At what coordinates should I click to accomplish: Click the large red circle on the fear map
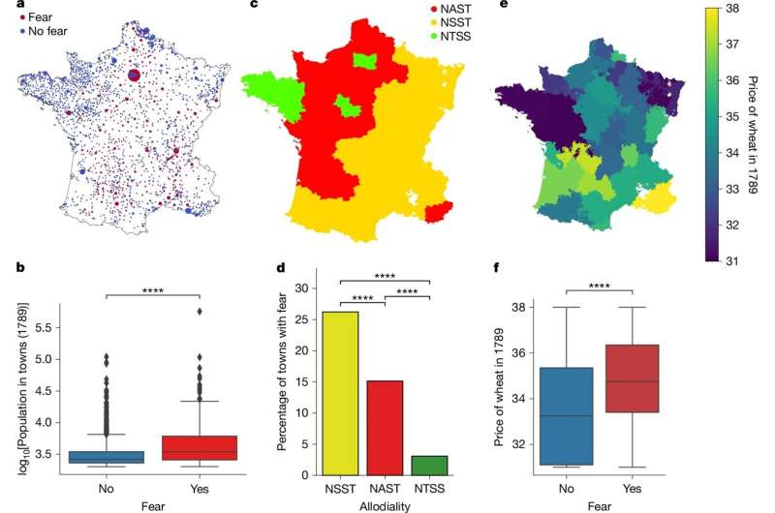point(134,75)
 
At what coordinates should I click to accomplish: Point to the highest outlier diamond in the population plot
point(198,311)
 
